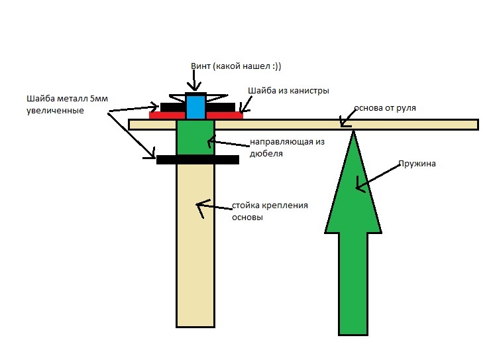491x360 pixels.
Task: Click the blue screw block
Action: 195,106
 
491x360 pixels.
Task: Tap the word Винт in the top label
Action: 201,66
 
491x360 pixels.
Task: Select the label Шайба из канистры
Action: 288,91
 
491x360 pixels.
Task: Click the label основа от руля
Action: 385,108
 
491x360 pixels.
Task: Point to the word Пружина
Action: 417,164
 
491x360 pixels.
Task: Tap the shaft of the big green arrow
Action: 353,284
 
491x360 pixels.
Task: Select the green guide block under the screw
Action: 195,137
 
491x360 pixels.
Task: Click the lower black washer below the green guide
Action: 197,160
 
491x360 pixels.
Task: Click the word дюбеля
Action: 266,154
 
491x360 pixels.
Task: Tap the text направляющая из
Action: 287,142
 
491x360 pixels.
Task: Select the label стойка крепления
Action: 270,206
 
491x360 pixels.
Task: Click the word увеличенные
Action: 55,111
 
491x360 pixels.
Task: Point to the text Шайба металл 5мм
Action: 68,99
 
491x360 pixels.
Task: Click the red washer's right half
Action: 225,115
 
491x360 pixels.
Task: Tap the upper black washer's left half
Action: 173,107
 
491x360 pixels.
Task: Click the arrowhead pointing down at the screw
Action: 194,86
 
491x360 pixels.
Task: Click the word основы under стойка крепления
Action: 247,217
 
